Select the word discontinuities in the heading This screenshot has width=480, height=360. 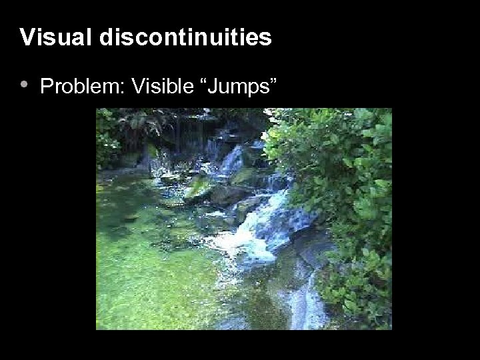186,37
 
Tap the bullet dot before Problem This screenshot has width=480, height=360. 24,85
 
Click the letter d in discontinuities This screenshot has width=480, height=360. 107,37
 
